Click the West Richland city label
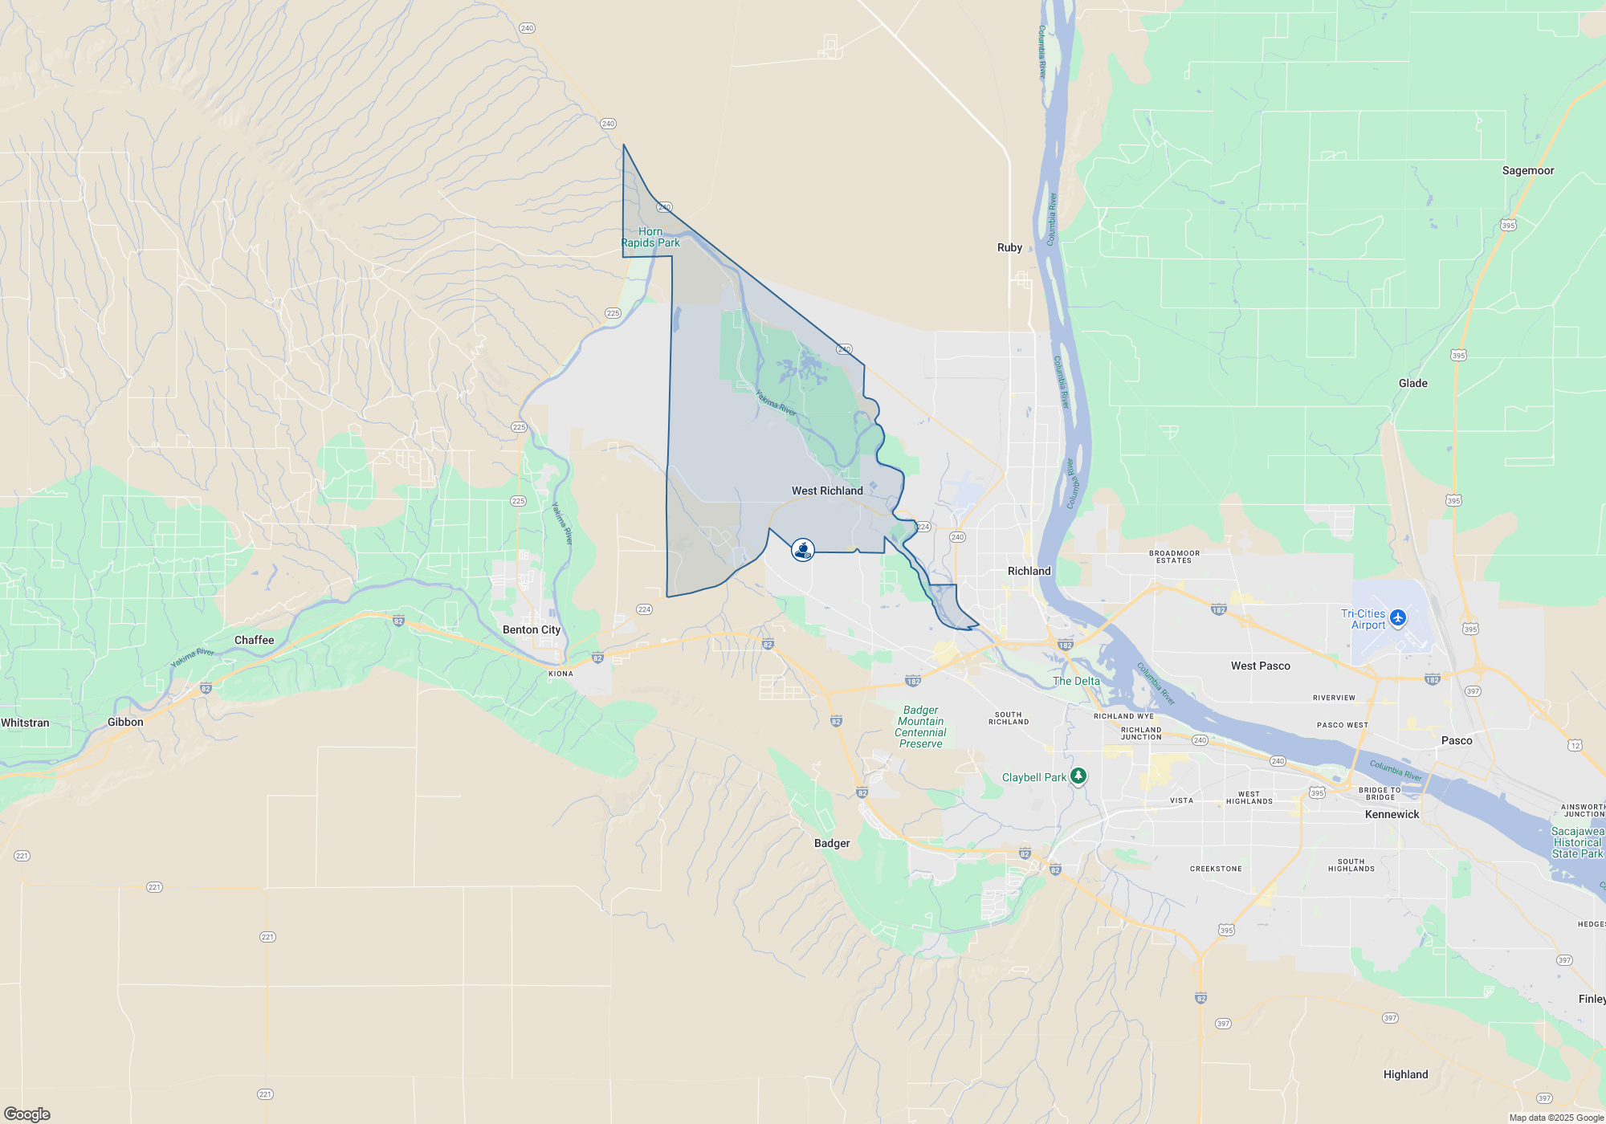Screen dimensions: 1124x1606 coord(827,491)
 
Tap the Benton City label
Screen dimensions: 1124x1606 coord(531,629)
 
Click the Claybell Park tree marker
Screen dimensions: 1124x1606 coord(1078,776)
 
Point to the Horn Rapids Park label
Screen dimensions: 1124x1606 coord(650,237)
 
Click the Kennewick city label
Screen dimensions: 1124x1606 coord(1392,814)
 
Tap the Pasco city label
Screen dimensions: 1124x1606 coord(1456,740)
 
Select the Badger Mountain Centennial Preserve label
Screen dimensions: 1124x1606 coord(920,727)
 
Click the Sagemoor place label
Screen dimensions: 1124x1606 coord(1527,170)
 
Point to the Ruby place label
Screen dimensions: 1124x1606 coord(1009,247)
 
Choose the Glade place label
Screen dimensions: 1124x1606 coord(1412,383)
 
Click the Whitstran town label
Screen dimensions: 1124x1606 coord(25,723)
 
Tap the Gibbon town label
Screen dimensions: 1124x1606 coord(125,722)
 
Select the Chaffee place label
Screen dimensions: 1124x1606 coord(254,640)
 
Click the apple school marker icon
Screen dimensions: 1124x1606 coord(803,550)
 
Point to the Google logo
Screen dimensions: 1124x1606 coord(27,1114)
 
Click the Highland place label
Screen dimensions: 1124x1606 coord(1405,1074)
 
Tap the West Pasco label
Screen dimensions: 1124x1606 coord(1260,666)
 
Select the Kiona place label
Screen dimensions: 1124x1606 coord(560,674)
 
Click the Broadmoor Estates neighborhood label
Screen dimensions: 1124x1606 coord(1174,556)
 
